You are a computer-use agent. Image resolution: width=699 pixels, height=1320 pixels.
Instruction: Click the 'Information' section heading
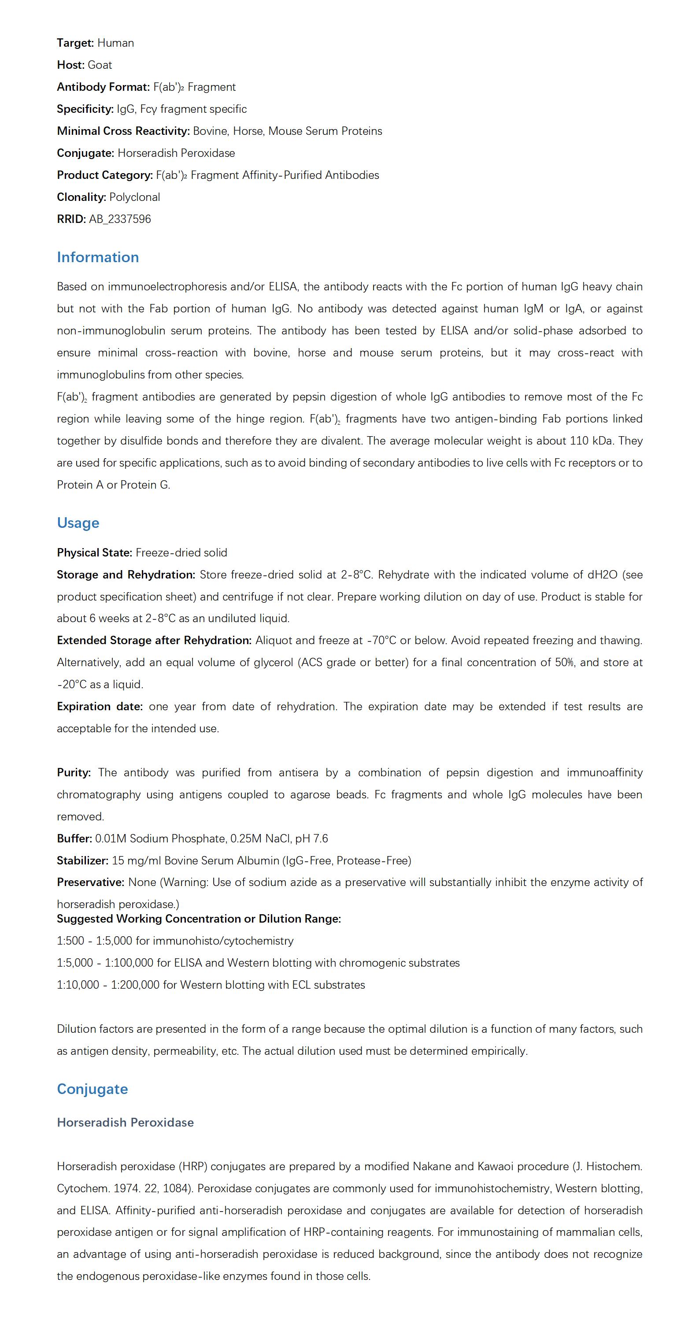(98, 257)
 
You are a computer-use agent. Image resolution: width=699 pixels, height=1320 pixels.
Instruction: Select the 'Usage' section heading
(78, 523)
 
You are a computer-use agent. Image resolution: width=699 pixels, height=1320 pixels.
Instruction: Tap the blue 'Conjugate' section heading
(92, 1089)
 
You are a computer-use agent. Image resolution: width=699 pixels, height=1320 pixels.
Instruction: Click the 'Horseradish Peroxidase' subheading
(125, 1122)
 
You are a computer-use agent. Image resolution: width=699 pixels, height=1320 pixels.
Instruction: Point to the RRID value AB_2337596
(120, 219)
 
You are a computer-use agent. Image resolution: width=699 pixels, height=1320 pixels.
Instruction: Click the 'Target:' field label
(75, 43)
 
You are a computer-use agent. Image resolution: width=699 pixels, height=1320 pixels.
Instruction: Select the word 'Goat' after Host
(100, 65)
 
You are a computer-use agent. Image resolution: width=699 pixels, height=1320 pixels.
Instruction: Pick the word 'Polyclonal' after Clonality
(135, 197)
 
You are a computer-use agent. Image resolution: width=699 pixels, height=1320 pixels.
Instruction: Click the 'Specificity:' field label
(85, 109)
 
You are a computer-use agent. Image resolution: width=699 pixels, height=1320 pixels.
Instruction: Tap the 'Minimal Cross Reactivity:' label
(123, 131)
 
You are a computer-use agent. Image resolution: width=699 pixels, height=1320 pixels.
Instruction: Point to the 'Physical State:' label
(94, 553)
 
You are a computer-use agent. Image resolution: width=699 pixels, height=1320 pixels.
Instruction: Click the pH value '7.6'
(321, 839)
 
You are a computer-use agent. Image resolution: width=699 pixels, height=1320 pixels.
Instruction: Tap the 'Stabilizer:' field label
(82, 861)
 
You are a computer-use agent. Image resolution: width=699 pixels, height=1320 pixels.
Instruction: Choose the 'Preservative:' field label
(91, 883)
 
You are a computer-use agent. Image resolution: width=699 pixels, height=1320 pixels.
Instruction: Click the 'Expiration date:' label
(100, 707)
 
